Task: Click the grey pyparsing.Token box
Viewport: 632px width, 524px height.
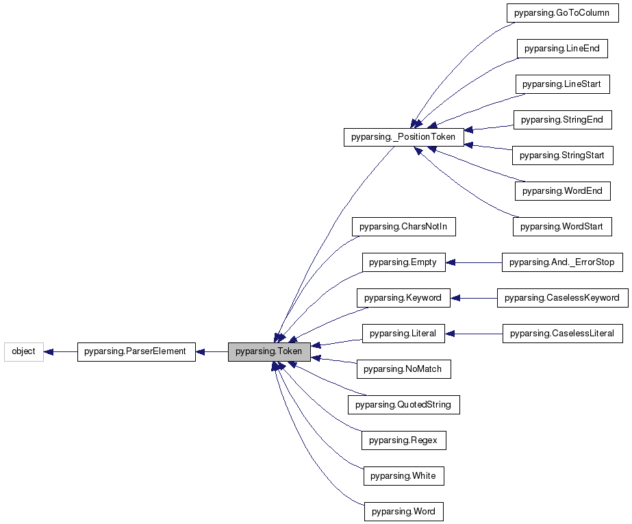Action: [269, 352]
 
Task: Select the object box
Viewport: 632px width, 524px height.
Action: [23, 352]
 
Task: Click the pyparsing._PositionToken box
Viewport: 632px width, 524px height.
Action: [403, 137]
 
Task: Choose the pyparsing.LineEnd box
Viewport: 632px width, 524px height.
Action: [561, 49]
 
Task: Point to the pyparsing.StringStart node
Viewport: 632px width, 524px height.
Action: [561, 155]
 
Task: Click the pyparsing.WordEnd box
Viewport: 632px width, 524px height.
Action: [561, 191]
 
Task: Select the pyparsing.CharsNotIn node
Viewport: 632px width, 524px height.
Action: [403, 227]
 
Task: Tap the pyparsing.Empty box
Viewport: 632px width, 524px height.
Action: [403, 262]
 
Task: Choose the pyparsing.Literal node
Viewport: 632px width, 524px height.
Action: [403, 334]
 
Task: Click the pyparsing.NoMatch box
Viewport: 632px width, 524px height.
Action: [403, 369]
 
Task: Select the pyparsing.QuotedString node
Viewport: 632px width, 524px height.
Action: [403, 405]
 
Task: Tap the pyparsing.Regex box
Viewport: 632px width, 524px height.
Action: [403, 440]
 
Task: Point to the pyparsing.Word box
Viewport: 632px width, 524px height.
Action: [403, 512]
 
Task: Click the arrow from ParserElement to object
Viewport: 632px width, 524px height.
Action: [60, 352]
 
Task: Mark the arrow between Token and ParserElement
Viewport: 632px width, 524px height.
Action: [212, 352]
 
